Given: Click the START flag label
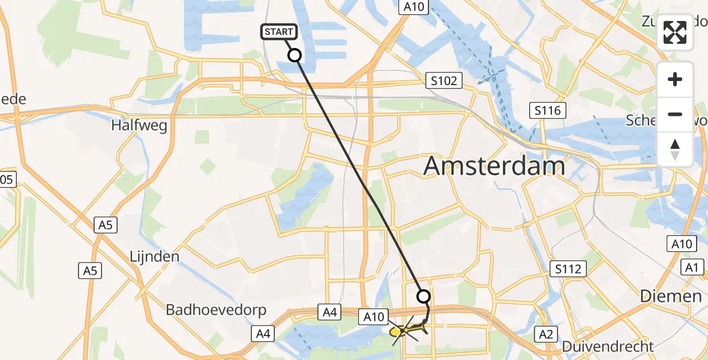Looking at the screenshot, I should tap(278, 32).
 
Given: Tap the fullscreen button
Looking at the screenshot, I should tap(675, 32).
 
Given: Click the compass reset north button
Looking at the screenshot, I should tap(675, 149).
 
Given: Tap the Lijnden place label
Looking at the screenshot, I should tap(154, 257).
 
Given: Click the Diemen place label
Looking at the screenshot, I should tap(670, 296).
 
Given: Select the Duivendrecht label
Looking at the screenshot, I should tap(607, 346).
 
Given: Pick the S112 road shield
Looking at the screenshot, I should tap(568, 269).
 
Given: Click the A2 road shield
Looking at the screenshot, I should tap(546, 334).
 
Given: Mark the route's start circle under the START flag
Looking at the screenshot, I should tap(295, 56).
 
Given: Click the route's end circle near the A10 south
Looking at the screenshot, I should tap(424, 296).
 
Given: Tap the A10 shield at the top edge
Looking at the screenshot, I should tap(414, 7).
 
